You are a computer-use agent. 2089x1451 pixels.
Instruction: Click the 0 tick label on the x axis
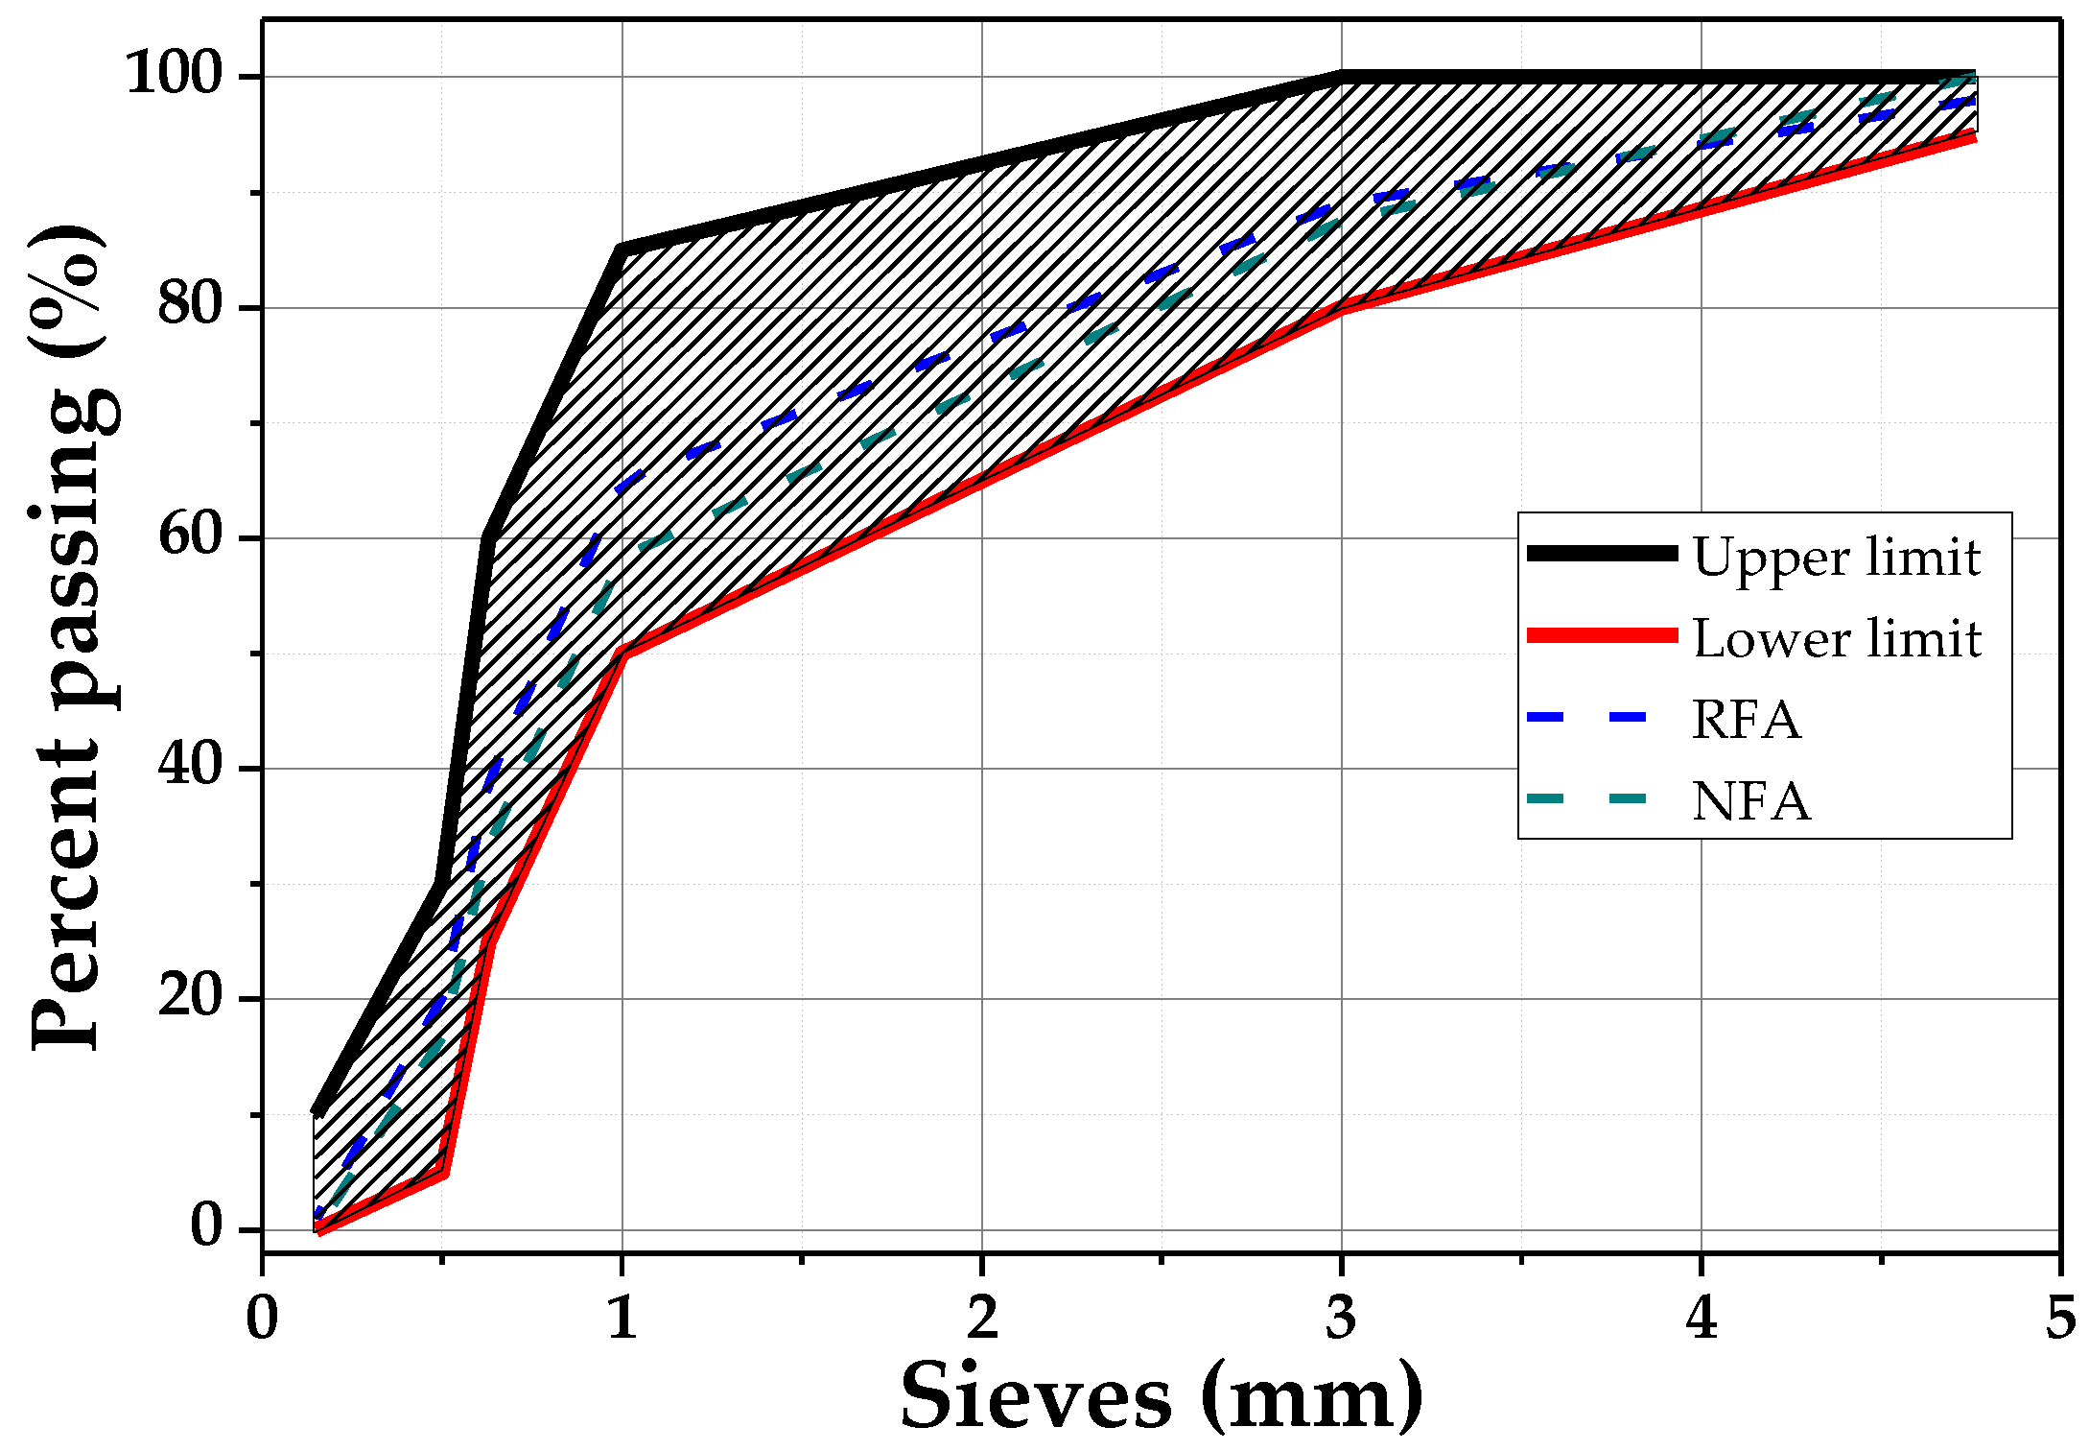point(262,1318)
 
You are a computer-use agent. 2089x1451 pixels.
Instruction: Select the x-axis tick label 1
point(622,1318)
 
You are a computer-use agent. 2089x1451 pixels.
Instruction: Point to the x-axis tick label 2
point(982,1318)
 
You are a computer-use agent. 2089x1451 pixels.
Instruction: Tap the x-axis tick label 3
point(1342,1318)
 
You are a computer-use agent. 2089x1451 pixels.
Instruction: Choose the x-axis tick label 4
point(1701,1318)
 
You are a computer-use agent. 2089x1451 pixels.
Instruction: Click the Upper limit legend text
point(1836,557)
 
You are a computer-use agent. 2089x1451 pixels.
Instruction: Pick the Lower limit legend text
point(1836,638)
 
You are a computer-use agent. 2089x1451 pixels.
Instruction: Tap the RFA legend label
point(1746,720)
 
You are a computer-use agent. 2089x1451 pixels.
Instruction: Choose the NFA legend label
point(1750,801)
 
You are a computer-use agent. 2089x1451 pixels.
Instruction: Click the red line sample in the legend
point(1602,635)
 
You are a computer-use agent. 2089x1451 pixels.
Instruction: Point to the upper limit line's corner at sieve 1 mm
point(622,250)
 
